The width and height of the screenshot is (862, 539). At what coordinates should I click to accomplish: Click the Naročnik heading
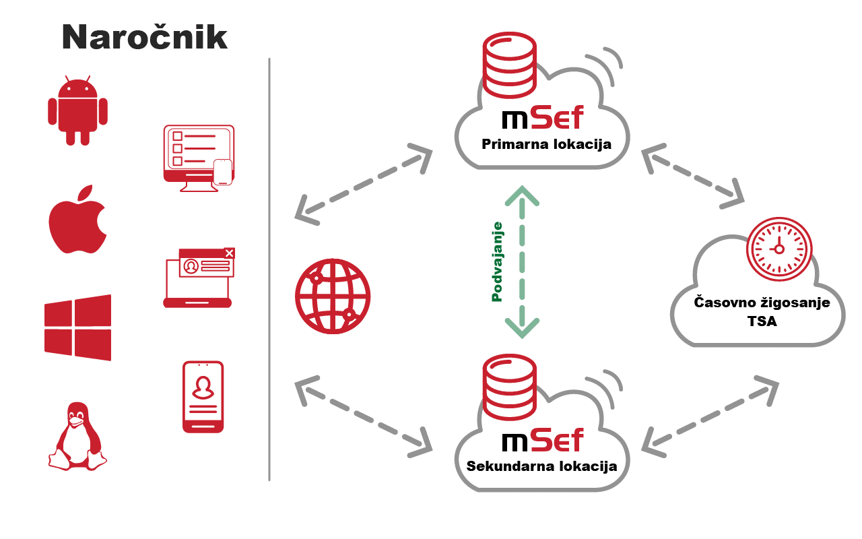tap(145, 38)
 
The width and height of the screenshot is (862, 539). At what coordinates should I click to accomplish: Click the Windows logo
tap(77, 327)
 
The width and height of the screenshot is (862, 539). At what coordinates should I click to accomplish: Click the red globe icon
tap(333, 296)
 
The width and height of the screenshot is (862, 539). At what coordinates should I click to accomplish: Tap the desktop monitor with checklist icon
tap(199, 158)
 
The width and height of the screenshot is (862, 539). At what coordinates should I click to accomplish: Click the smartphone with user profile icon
tap(203, 397)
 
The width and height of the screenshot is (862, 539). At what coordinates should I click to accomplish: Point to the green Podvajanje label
tap(498, 261)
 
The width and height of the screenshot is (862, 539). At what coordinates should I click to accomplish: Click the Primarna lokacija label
tap(546, 144)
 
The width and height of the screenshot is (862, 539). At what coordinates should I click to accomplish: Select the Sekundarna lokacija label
tap(541, 466)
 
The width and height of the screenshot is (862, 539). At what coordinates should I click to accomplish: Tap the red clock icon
tap(779, 249)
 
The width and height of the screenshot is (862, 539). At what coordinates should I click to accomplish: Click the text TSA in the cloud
tap(762, 321)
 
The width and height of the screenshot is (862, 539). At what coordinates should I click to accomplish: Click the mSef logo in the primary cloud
tap(543, 119)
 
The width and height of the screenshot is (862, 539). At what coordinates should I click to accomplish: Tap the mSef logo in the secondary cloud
tap(543, 441)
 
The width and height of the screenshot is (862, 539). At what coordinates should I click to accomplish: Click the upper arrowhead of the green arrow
tap(523, 195)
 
